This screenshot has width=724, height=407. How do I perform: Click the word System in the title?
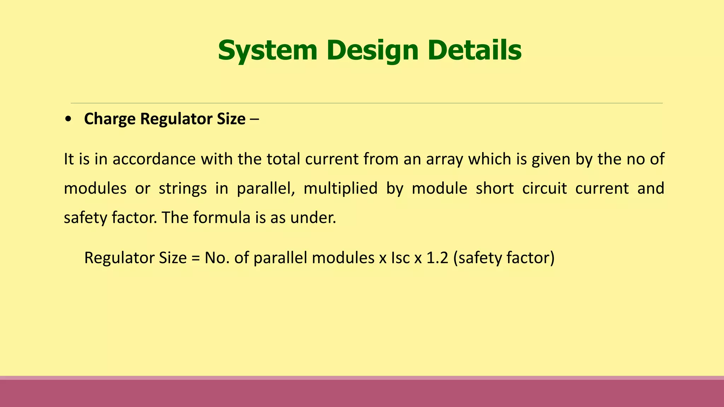pos(267,51)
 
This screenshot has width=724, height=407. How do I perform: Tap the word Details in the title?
pos(474,51)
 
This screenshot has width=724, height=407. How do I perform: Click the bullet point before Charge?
pos(68,119)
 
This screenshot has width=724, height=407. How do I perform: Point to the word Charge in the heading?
pos(110,119)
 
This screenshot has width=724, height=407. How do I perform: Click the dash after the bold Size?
pos(254,119)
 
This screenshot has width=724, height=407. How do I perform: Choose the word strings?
pos(183,188)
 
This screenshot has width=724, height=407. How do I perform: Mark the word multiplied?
pos(340,188)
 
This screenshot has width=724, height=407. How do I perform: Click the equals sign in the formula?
pos(195,258)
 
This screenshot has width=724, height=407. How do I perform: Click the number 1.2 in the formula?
pos(437,258)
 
